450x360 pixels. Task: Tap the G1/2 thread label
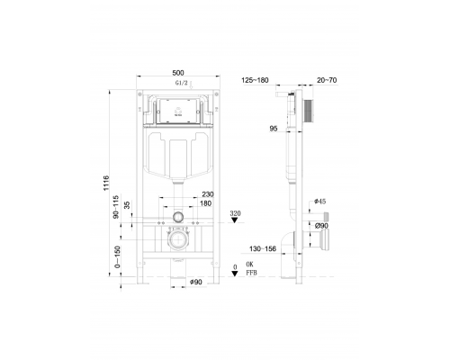point(180,84)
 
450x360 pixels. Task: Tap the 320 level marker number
point(236,214)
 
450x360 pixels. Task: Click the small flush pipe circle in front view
point(180,218)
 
